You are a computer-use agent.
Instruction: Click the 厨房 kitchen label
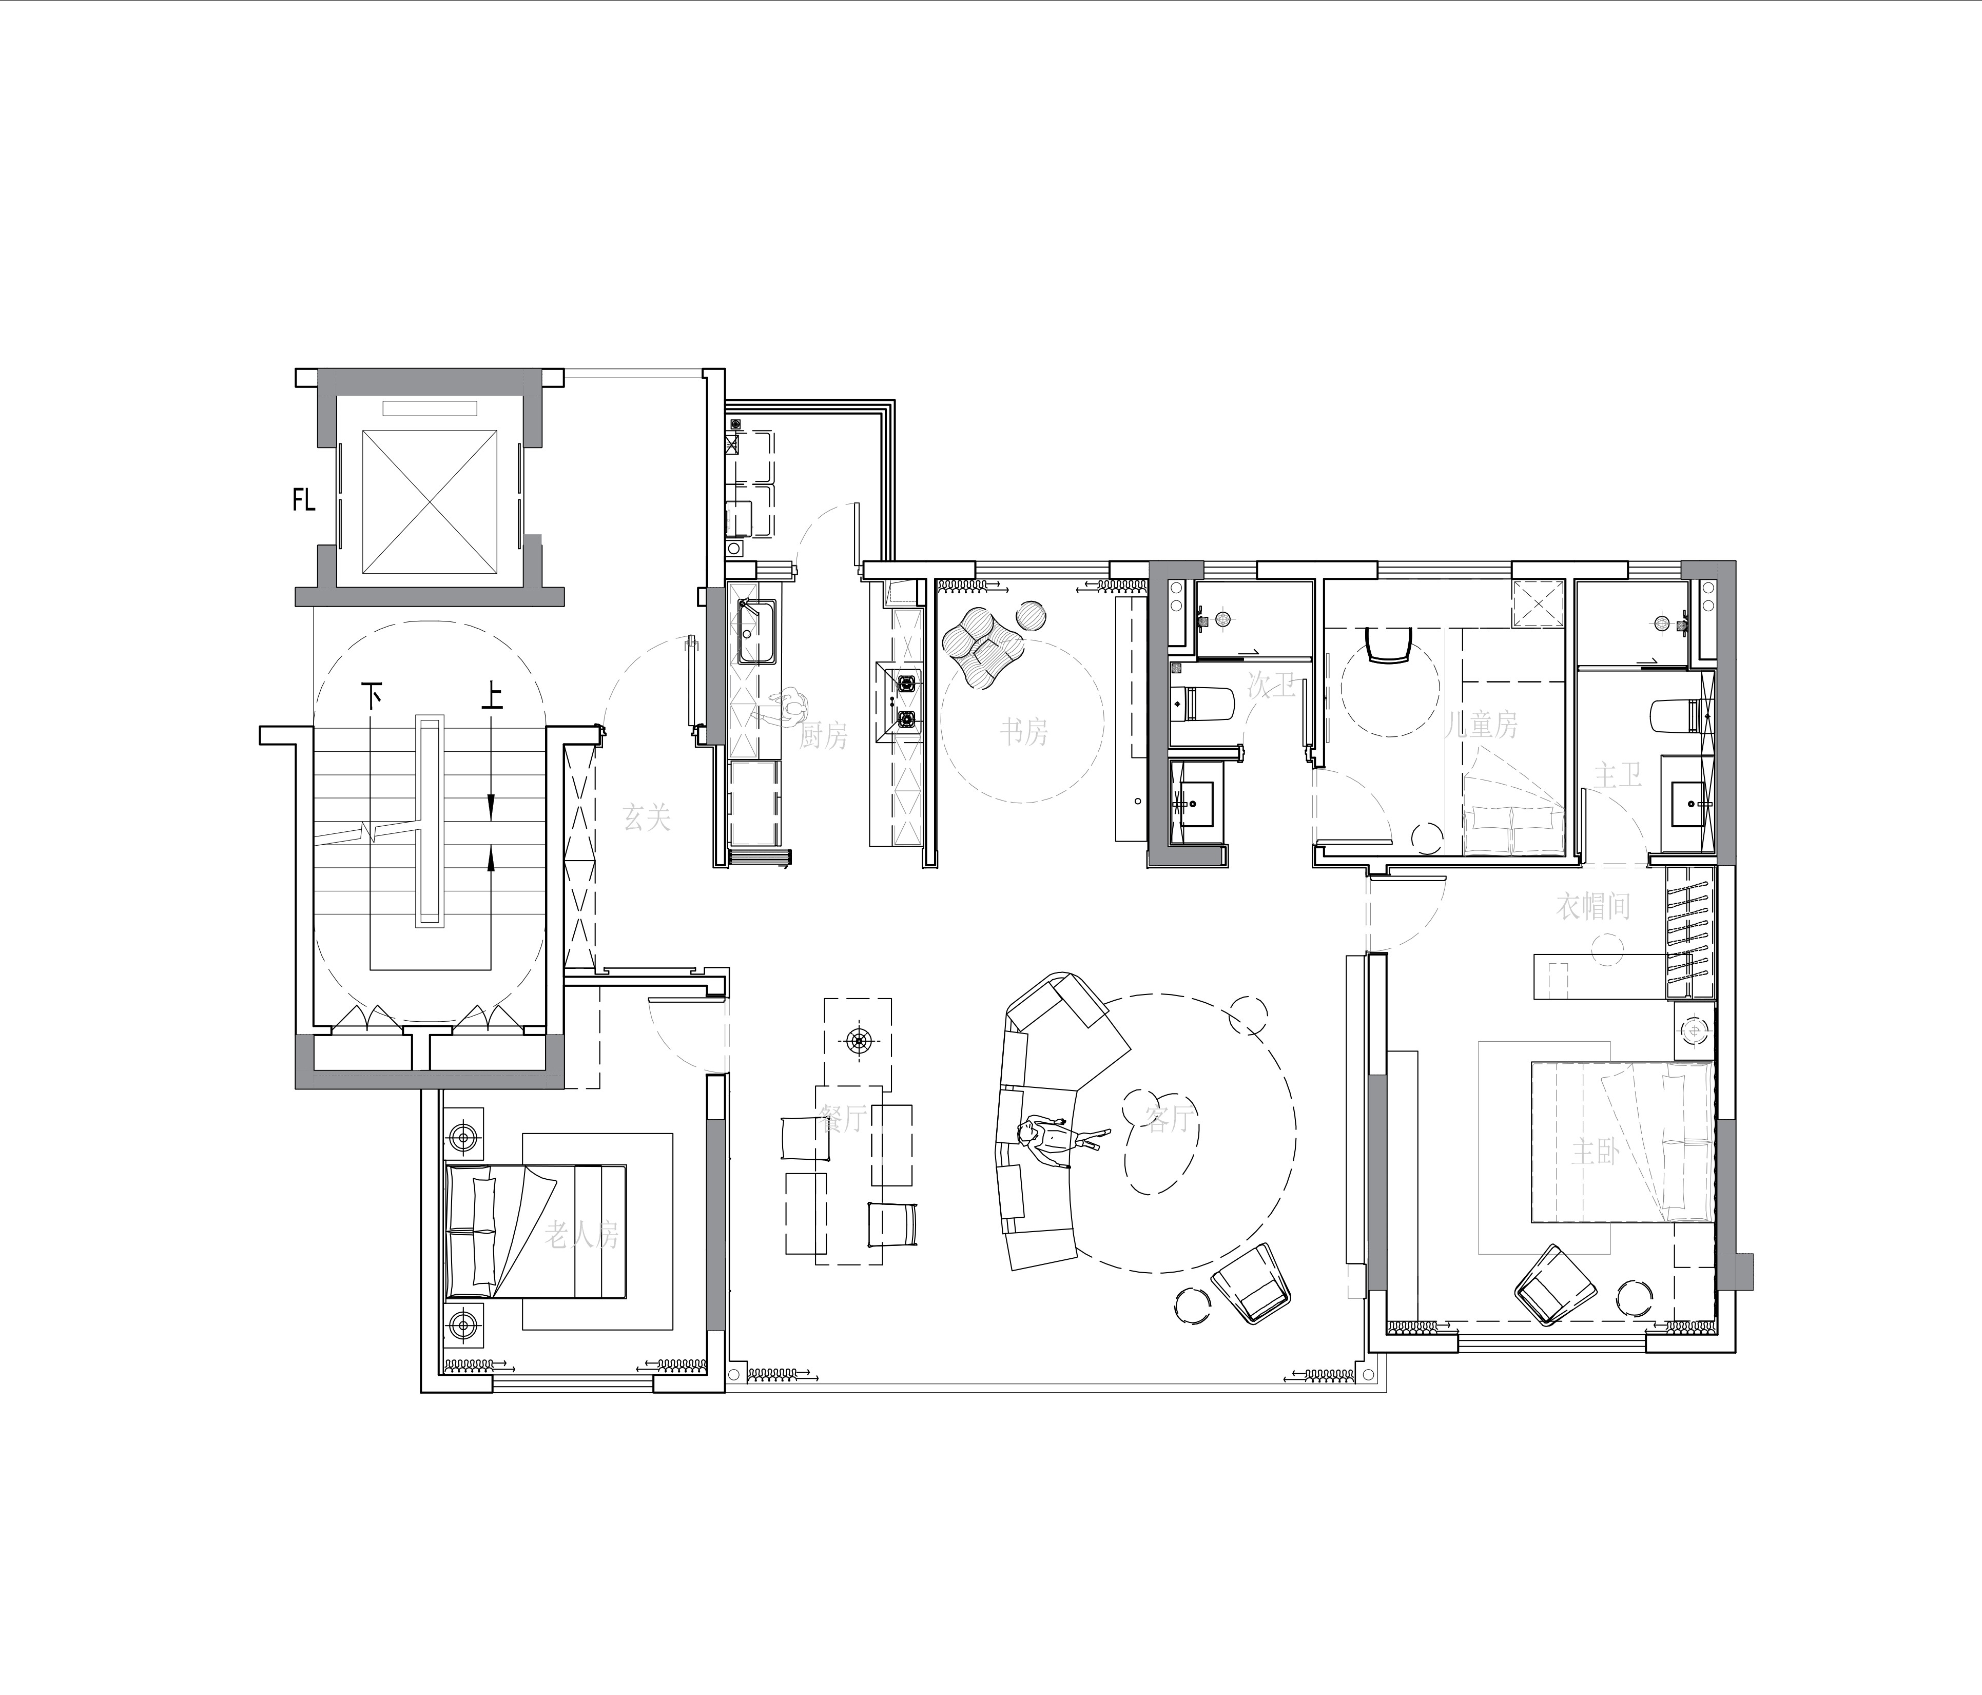click(x=824, y=735)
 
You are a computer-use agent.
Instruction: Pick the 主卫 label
click(x=1618, y=775)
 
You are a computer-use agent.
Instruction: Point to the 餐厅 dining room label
click(x=843, y=1117)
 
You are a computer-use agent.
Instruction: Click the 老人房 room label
click(x=581, y=1234)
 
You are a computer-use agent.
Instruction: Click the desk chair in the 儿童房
click(x=1390, y=644)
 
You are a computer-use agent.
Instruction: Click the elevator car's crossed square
click(x=430, y=501)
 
